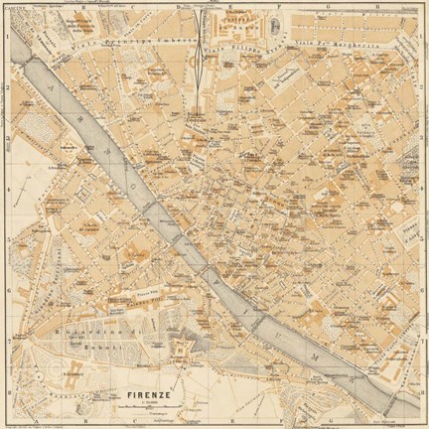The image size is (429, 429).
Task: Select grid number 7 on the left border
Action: click(x=6, y=338)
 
